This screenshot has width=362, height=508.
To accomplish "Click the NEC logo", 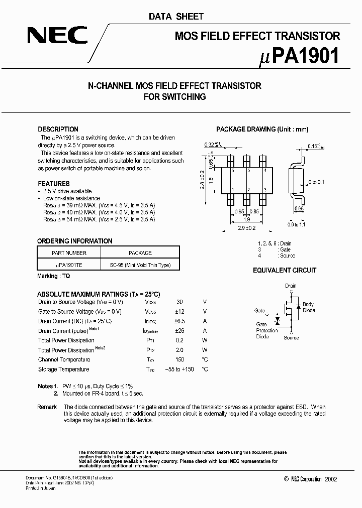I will (57, 36).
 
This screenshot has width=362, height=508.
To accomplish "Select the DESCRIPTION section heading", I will (58, 129).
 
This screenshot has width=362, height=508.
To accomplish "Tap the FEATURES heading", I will (54, 184).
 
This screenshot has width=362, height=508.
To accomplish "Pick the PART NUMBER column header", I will (69, 253).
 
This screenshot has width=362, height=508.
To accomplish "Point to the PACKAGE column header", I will (140, 253).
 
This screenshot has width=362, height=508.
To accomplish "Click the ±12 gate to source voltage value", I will (179, 312).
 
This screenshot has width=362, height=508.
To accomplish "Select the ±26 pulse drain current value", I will (179, 331).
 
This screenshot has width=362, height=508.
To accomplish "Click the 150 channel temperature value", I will (179, 359).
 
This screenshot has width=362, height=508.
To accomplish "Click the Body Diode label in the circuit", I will (308, 307).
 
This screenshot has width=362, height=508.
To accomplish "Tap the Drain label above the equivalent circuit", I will (291, 286).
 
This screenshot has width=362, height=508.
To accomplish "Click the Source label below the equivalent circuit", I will (291, 338).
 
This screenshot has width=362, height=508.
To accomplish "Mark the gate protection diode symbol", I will (277, 320).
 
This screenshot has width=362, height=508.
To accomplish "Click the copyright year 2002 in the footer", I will (331, 479).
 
